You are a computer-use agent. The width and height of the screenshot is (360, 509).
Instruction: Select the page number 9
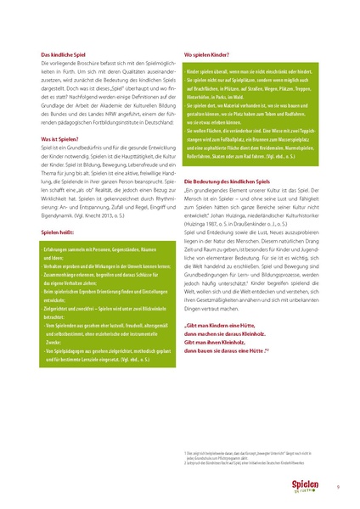tap(337, 486)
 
